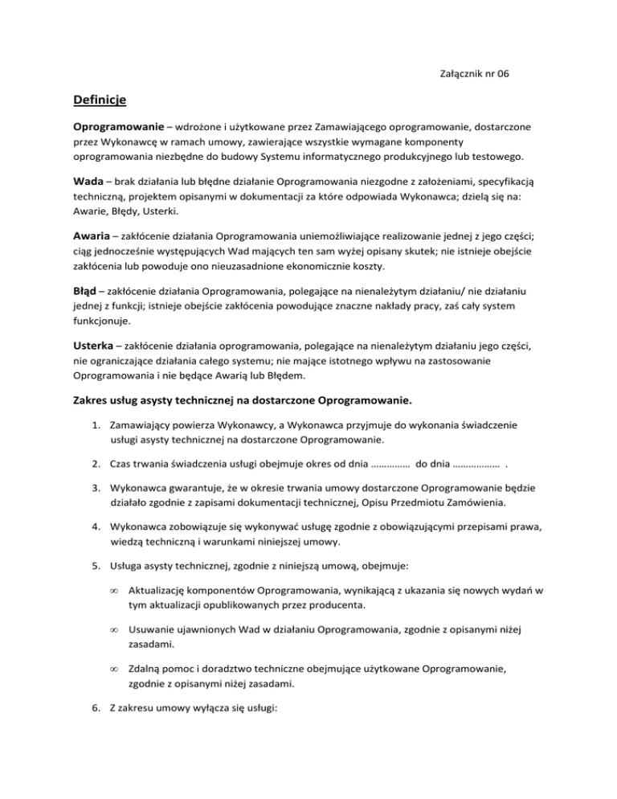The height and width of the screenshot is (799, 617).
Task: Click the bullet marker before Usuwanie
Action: pos(116,632)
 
